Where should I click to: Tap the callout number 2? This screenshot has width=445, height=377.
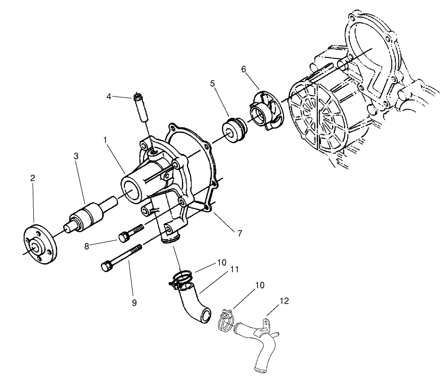point(32,178)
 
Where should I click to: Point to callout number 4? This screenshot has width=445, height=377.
point(109,97)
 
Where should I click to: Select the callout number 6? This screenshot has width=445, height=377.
point(244,70)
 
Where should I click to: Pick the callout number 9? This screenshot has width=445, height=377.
point(134,303)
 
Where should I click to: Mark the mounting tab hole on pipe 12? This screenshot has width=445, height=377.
point(263,321)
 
